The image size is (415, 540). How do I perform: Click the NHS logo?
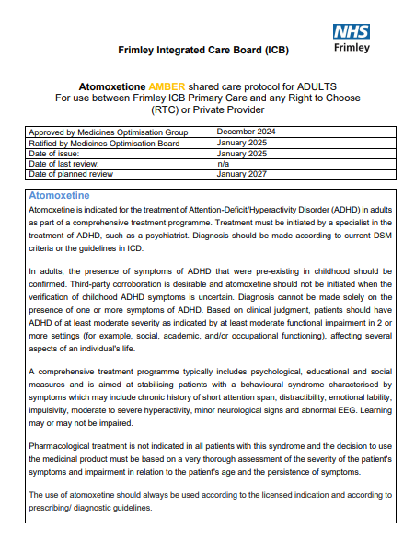point(353,31)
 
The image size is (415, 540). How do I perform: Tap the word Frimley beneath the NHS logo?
point(353,47)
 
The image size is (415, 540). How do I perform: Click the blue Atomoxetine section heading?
point(60,196)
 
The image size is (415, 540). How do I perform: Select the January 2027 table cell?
point(243,173)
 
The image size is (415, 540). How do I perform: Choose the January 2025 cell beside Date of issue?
point(243,153)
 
